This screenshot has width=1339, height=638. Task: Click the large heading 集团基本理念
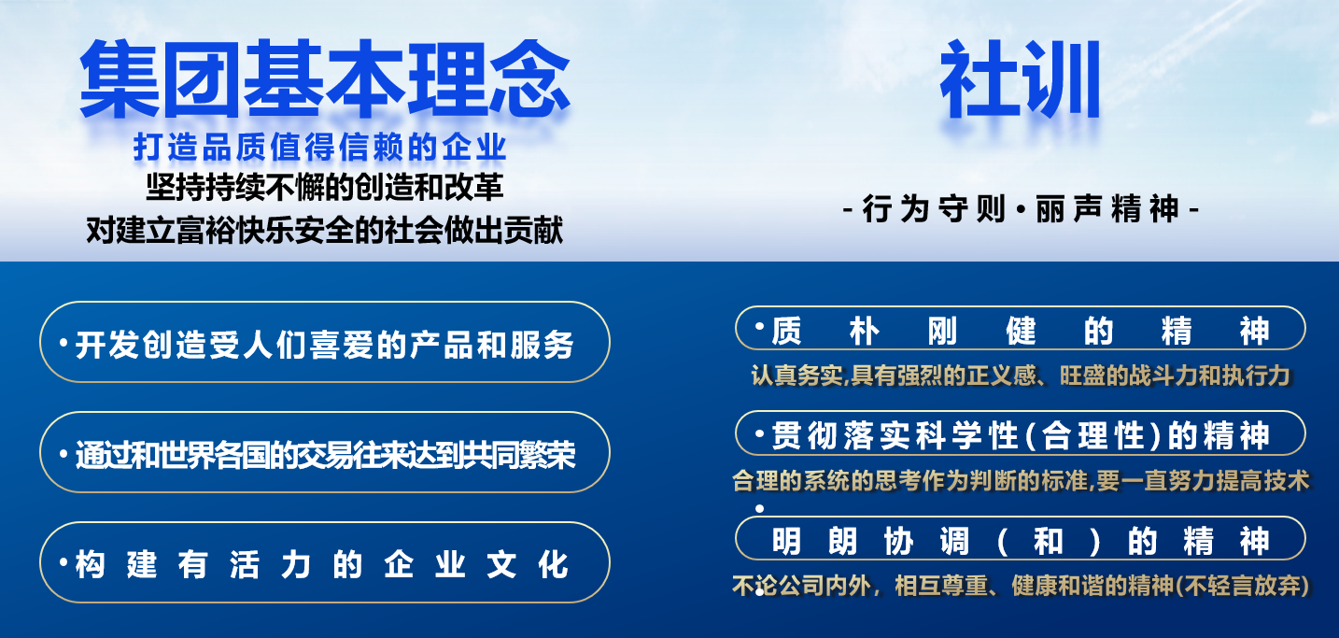coord(324,78)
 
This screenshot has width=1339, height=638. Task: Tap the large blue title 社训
coord(1020,78)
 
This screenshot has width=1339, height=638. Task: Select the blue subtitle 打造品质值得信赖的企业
coord(319,147)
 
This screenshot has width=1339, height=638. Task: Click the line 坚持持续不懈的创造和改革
coord(324,188)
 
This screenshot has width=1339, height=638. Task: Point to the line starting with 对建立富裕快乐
coord(324,230)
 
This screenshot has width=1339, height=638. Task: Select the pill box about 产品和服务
coord(324,342)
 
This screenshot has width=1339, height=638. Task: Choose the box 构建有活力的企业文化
coord(324,562)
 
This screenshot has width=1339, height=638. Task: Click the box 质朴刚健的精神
coord(1021,329)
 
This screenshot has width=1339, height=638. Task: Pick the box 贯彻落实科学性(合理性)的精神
coord(1021,433)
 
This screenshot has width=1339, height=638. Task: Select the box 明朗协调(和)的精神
coord(1021,539)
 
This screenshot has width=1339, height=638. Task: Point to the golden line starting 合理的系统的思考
coord(1021,481)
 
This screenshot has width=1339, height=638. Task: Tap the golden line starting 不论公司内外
coord(1021,587)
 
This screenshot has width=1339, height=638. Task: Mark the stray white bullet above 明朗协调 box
coord(759,509)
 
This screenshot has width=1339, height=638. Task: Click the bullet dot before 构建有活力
coord(63,562)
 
